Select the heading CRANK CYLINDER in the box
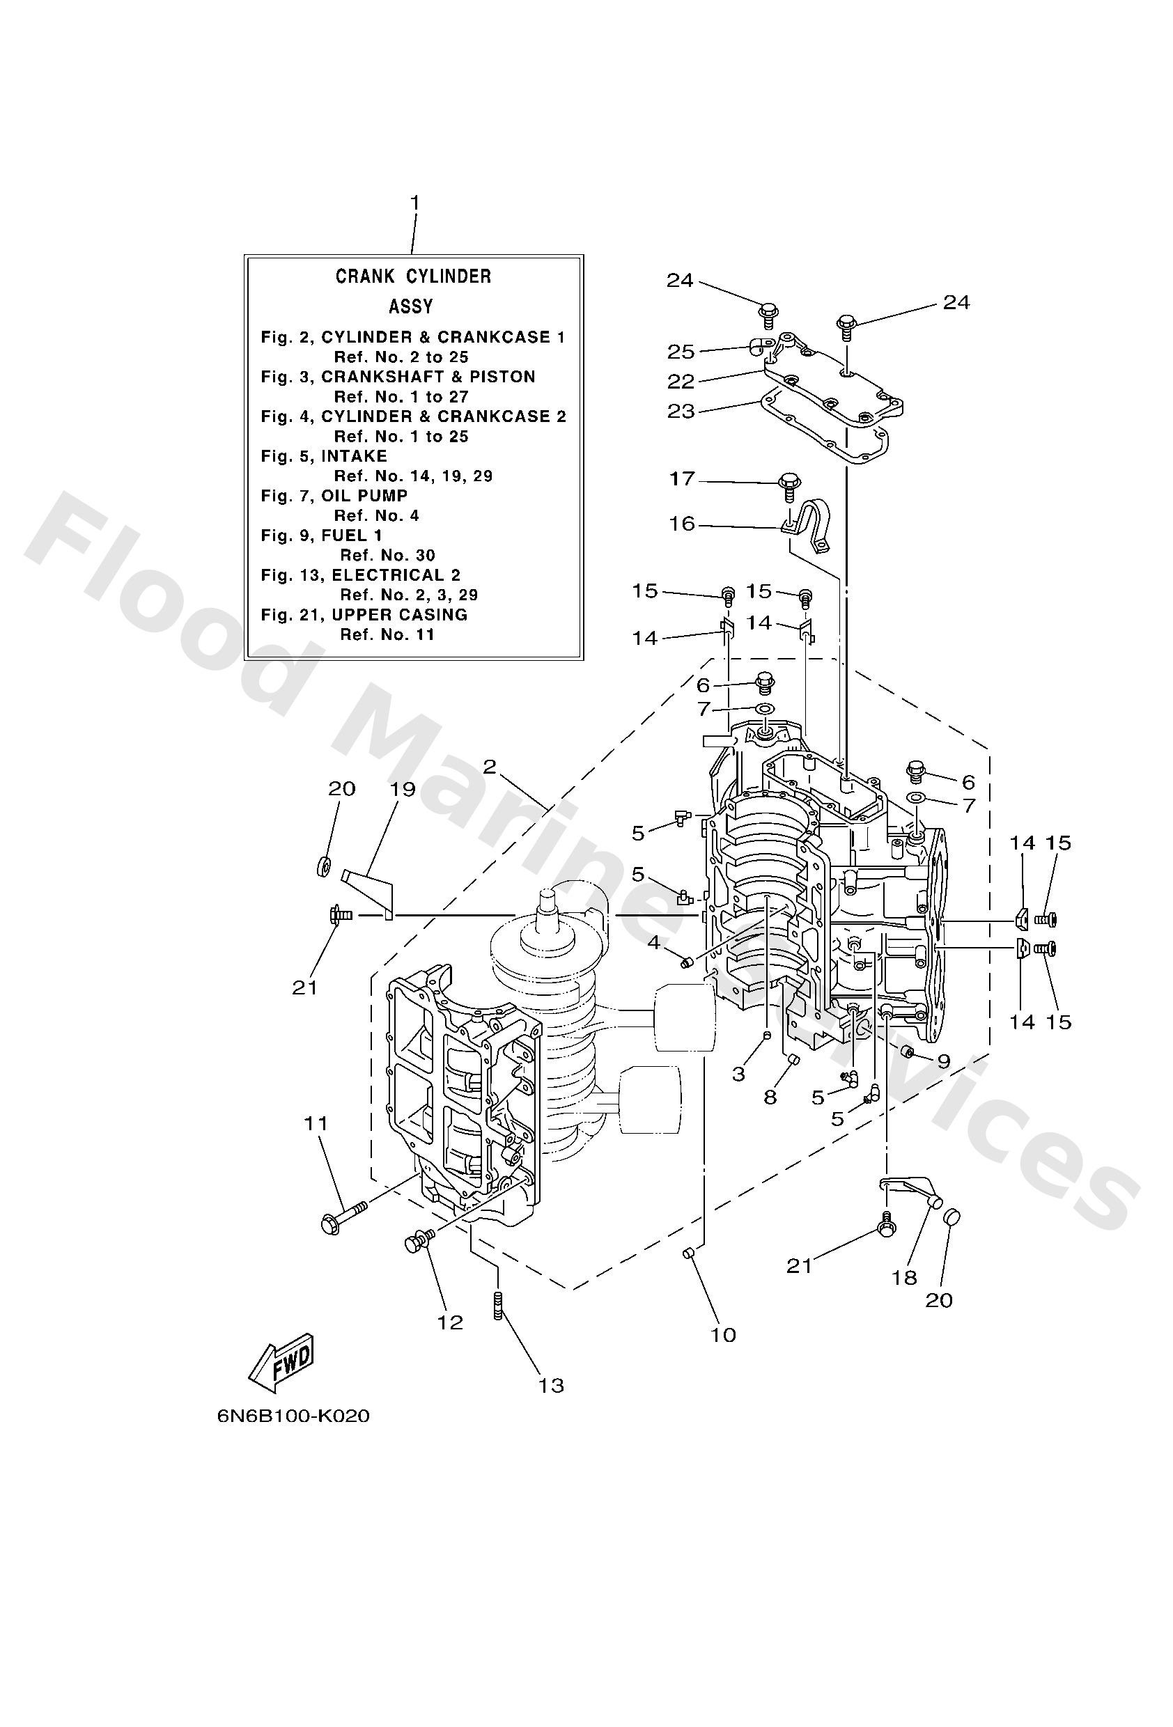tap(413, 276)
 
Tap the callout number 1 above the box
tap(414, 202)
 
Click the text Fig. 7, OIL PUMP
tap(334, 496)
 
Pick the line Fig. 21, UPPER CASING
tap(364, 615)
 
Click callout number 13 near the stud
tap(552, 1385)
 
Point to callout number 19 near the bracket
tap(402, 788)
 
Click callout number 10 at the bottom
tap(722, 1336)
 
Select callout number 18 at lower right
tap(905, 1277)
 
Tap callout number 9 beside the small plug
tap(942, 1061)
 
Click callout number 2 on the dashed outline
tap(488, 766)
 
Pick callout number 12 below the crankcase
tap(451, 1322)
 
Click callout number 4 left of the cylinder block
tap(653, 942)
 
